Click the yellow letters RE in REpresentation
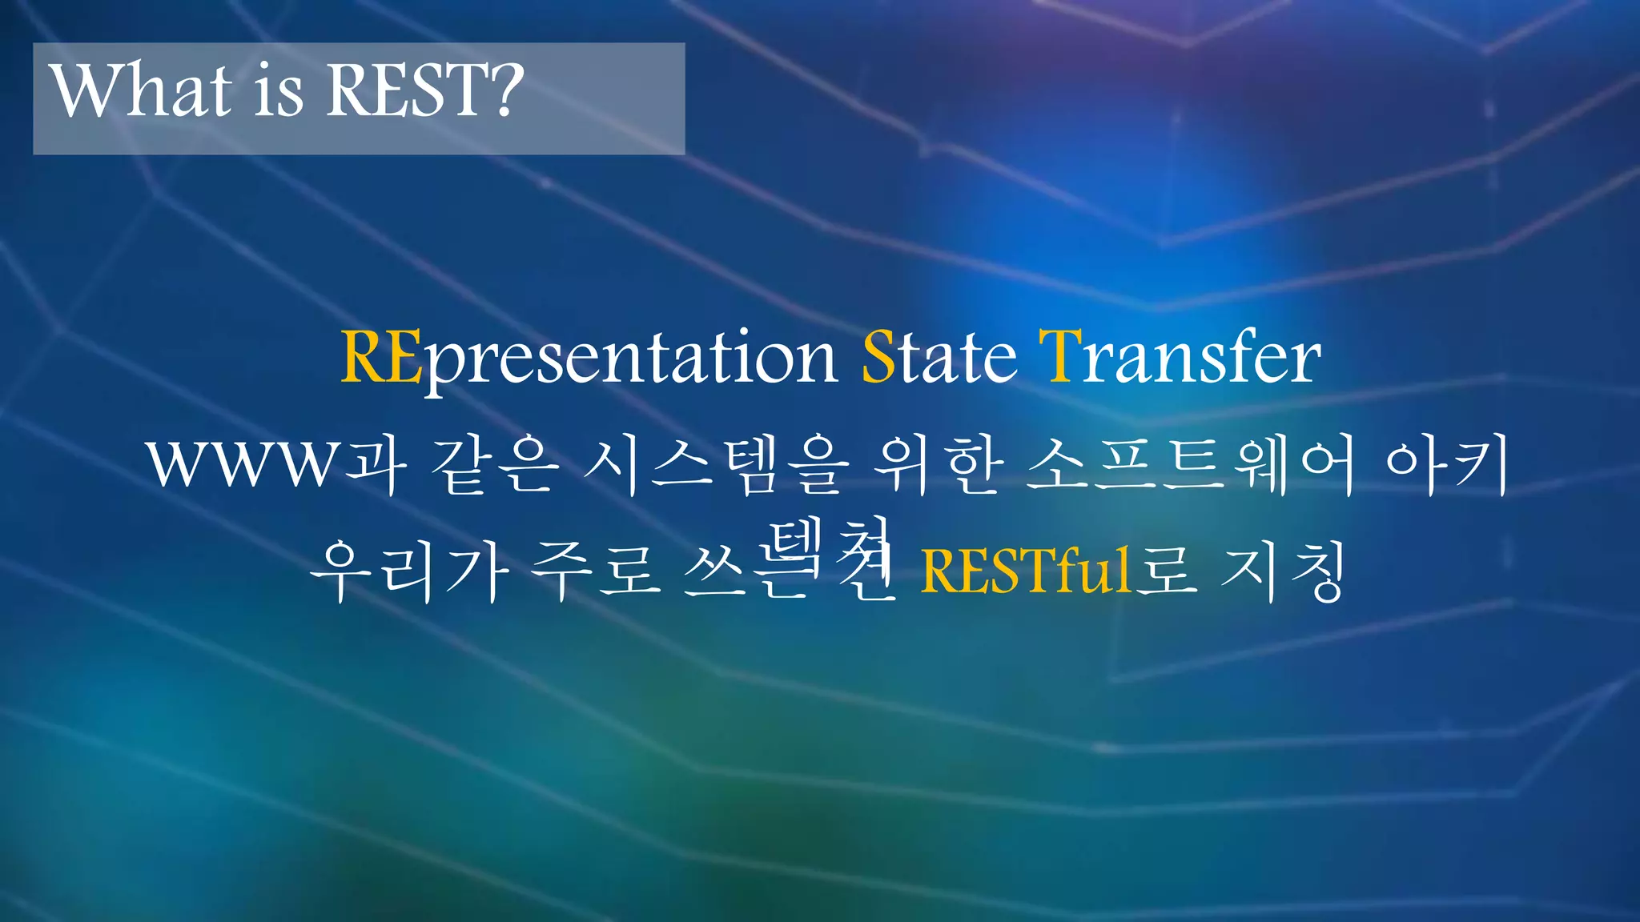click(381, 358)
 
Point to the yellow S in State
click(878, 358)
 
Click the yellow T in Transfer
click(1060, 358)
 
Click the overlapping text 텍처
click(829, 544)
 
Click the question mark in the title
click(506, 90)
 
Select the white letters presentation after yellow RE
click(629, 360)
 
